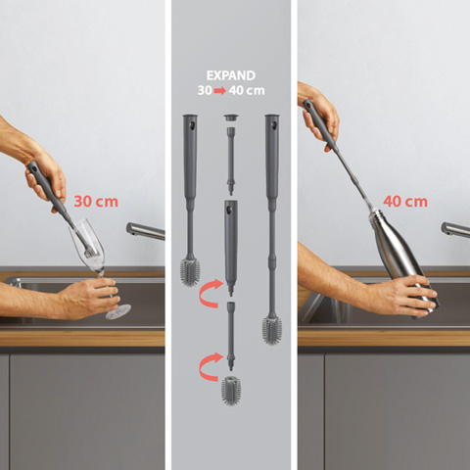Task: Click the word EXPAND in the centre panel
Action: click(x=231, y=75)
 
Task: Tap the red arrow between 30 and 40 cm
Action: click(x=220, y=91)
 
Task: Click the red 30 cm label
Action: click(x=96, y=202)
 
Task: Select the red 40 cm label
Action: click(x=405, y=202)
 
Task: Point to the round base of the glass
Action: click(x=118, y=311)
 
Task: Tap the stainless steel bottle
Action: click(x=403, y=261)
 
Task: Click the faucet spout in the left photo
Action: click(x=145, y=231)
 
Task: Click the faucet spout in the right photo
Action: click(x=455, y=229)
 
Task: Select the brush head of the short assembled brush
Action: click(x=190, y=271)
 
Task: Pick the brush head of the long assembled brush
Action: click(x=272, y=330)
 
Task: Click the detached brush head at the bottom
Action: click(x=231, y=391)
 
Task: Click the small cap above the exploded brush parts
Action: click(x=231, y=118)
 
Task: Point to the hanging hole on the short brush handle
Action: click(x=193, y=125)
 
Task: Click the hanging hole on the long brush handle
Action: click(x=274, y=125)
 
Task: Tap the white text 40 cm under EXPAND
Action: click(x=247, y=91)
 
